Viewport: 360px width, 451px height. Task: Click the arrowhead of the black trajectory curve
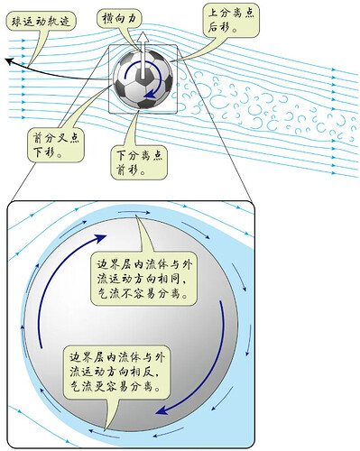[x=7, y=61]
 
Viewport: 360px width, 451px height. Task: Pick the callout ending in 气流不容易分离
[x=143, y=279]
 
